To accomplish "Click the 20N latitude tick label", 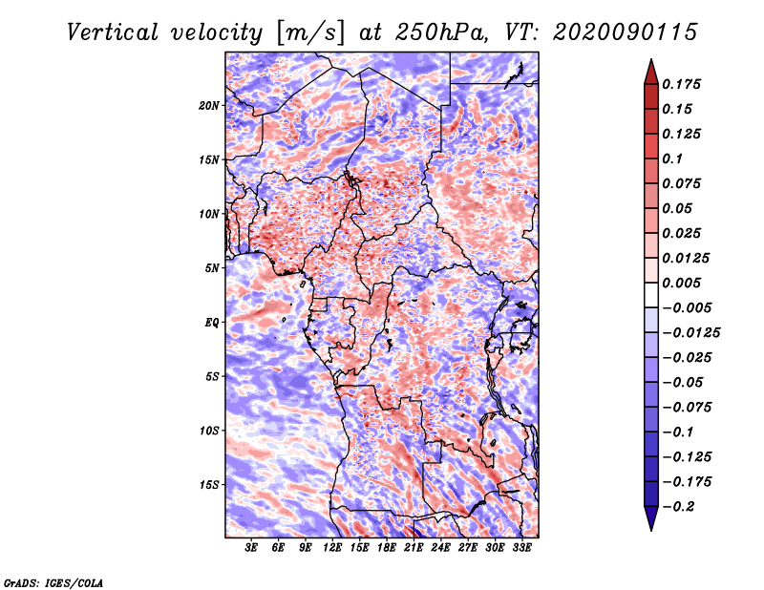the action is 209,106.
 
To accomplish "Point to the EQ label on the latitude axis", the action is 212,323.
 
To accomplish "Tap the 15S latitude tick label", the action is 209,485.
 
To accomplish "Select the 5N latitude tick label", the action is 212,268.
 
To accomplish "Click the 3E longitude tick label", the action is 251,548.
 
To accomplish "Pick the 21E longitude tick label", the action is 414,548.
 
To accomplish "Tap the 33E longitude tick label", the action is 521,548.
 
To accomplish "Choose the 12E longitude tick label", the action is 331,548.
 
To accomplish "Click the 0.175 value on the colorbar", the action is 681,84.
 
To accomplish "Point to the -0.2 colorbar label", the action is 678,507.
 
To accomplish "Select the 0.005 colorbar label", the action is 681,283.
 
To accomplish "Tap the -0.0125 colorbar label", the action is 690,333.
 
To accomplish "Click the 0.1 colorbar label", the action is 672,158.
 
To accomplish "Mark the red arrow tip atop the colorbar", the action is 651,59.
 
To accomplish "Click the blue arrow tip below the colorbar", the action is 651,530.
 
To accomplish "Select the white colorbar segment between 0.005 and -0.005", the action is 651,295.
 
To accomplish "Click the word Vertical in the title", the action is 112,32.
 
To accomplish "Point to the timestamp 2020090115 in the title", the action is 626,32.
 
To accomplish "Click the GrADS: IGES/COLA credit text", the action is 53,582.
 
